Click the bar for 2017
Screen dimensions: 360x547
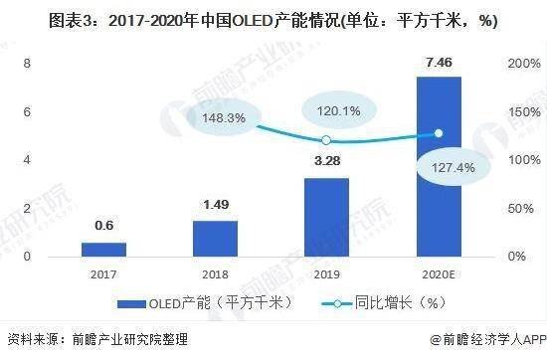pos(103,249)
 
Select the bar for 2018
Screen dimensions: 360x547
pos(215,238)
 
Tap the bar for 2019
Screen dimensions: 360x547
pos(326,217)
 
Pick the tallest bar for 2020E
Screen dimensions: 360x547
pos(438,166)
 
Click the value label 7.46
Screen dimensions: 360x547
pos(438,66)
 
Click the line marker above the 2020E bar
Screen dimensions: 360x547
pos(438,133)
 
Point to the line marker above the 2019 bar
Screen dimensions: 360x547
pos(326,140)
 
